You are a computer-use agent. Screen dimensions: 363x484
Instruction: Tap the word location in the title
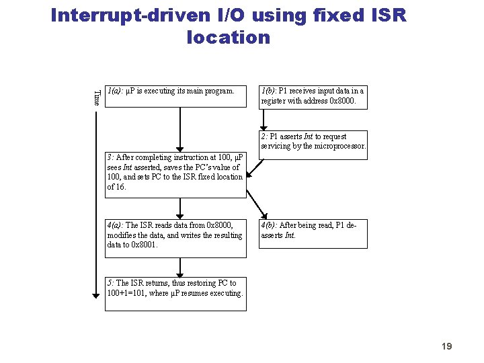pyautogui.click(x=228, y=37)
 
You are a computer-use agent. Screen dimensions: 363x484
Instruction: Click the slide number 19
pyautogui.click(x=446, y=346)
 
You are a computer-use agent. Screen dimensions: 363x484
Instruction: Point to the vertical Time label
pyautogui.click(x=96, y=97)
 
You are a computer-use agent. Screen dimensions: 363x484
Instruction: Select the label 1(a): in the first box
pyautogui.click(x=114, y=90)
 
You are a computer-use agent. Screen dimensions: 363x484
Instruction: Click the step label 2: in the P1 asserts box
pyautogui.click(x=265, y=136)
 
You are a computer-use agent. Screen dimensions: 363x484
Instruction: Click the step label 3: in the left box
pyautogui.click(x=110, y=158)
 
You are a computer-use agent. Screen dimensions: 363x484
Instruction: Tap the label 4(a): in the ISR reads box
pyautogui.click(x=116, y=225)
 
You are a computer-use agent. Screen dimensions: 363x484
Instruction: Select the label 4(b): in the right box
pyautogui.click(x=269, y=225)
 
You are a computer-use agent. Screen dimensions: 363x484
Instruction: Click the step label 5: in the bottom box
pyautogui.click(x=110, y=283)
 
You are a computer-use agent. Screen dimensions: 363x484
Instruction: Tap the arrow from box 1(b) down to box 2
pyautogui.click(x=313, y=120)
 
